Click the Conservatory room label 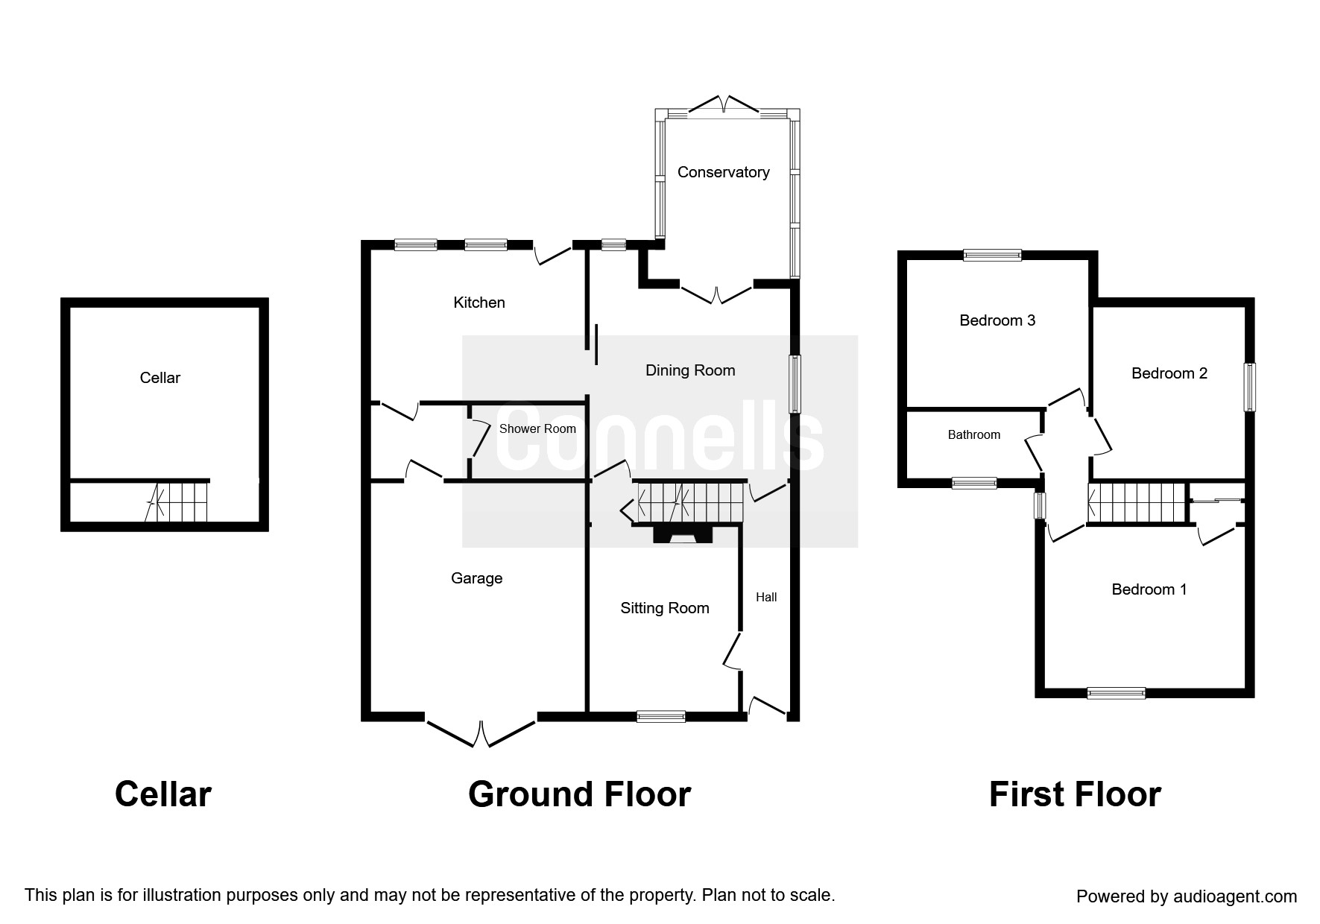click(x=723, y=172)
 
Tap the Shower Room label click(x=537, y=428)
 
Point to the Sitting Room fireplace click(x=683, y=534)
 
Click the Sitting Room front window click(x=660, y=716)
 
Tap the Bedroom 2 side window click(x=1249, y=387)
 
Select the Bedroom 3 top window click(x=992, y=255)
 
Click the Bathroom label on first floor click(x=973, y=434)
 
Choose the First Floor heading click(x=1074, y=794)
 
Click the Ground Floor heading click(x=579, y=794)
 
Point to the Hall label click(x=766, y=597)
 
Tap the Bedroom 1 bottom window click(x=1116, y=693)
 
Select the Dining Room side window click(x=795, y=384)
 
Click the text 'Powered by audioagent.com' click(x=1187, y=896)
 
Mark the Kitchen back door click(x=552, y=254)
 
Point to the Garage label click(x=476, y=578)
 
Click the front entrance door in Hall click(x=767, y=706)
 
